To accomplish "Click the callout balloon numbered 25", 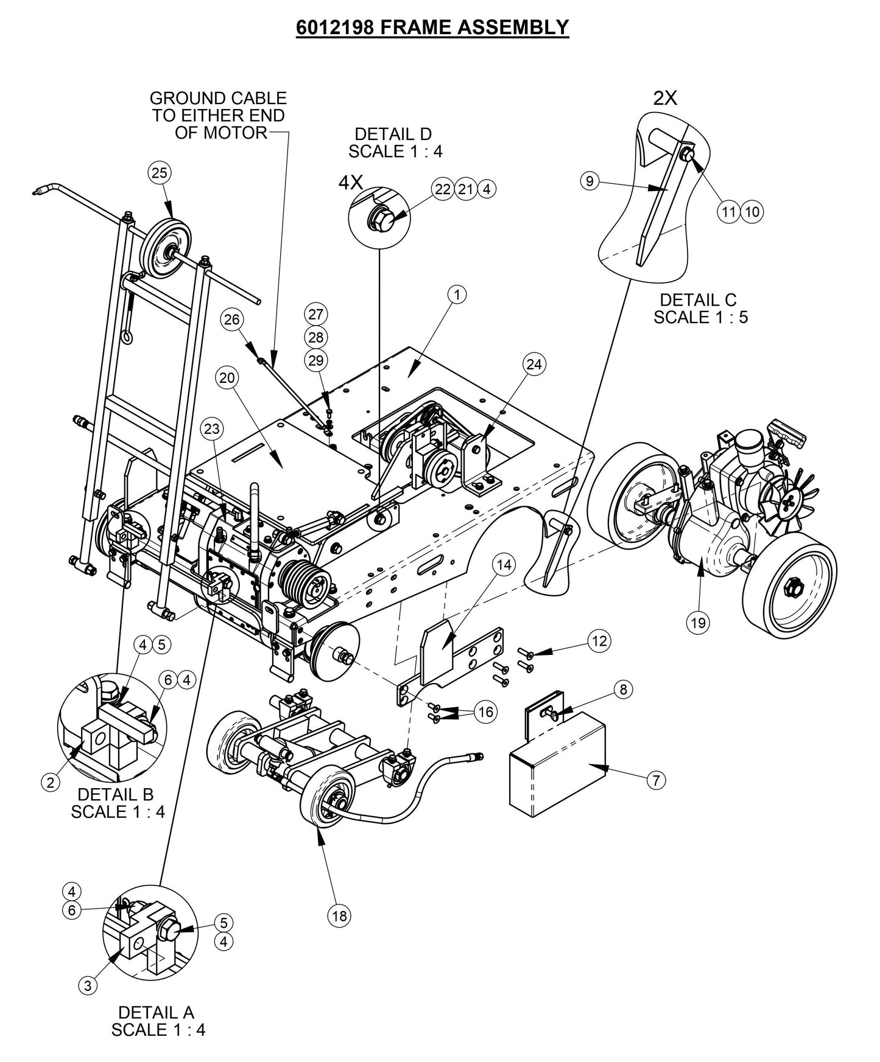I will click(159, 173).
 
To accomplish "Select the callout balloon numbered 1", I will click(457, 295).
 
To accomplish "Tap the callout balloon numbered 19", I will click(698, 623).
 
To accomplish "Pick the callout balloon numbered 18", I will click(339, 915).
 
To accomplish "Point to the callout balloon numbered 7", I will click(655, 780).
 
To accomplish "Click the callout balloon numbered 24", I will click(533, 365).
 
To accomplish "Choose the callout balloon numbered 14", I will click(504, 565).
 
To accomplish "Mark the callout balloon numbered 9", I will click(590, 181).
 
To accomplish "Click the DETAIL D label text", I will click(393, 134).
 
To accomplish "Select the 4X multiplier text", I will click(350, 183).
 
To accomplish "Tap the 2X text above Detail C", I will click(665, 99).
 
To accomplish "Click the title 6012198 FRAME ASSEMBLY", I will click(432, 27).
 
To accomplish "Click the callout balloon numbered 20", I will click(227, 378).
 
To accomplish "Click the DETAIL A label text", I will click(157, 1013).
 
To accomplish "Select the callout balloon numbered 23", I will click(211, 429).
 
